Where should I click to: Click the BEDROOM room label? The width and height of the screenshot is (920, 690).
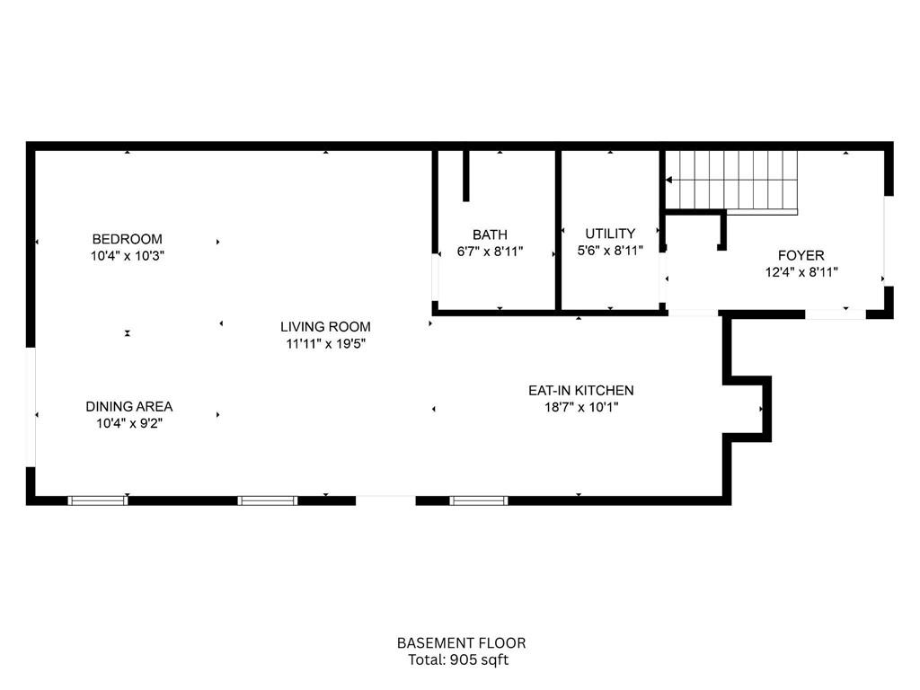(128, 239)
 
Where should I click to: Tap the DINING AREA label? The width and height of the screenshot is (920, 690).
(129, 407)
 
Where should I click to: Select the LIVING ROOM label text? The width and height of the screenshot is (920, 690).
(325, 327)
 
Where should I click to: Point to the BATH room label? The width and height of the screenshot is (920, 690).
(490, 235)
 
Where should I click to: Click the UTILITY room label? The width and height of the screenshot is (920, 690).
(610, 234)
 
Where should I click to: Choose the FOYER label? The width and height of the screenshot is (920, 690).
(801, 255)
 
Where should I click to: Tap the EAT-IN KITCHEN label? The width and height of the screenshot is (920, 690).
(580, 391)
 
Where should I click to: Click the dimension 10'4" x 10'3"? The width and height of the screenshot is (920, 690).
(128, 255)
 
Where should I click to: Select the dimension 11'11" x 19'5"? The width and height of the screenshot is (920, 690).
(325, 343)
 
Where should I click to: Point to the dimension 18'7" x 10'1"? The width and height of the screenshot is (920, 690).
(580, 407)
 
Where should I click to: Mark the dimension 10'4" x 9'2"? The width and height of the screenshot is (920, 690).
(129, 423)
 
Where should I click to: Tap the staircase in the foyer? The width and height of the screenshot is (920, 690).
(737, 180)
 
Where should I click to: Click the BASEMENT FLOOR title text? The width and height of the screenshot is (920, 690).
(461, 643)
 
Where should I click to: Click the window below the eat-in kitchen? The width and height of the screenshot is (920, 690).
(478, 500)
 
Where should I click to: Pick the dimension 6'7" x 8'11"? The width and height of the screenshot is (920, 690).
(490, 252)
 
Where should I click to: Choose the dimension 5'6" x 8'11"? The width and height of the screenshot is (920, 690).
(610, 251)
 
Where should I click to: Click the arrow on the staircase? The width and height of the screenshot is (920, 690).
(670, 181)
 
